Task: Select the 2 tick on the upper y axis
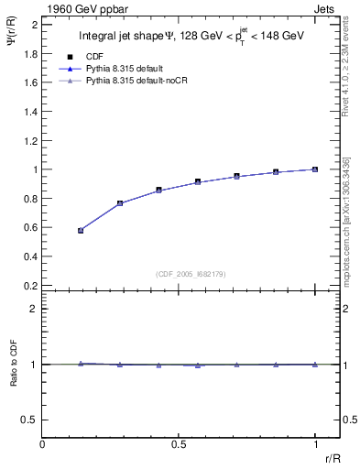tap(35, 24)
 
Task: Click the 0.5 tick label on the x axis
tap(179, 444)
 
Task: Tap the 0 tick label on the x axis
tap(42, 444)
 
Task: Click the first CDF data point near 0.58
tap(82, 231)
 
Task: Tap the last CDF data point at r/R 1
tap(315, 169)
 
